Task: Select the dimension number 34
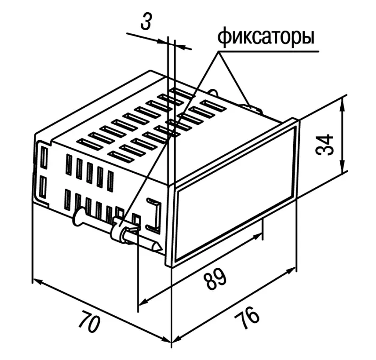pyautogui.click(x=325, y=145)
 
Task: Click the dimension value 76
pyautogui.click(x=247, y=318)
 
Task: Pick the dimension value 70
pyautogui.click(x=89, y=321)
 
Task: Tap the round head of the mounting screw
pyautogui.click(x=79, y=217)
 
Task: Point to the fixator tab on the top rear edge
pyautogui.click(x=253, y=107)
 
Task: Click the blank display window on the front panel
pyautogui.click(x=235, y=194)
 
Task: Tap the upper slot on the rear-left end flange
pyautogui.click(x=44, y=157)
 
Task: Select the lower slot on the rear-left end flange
pyautogui.click(x=42, y=187)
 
